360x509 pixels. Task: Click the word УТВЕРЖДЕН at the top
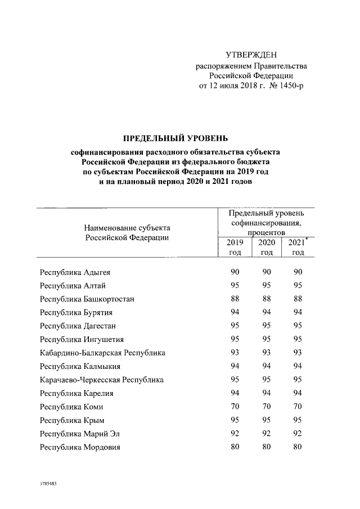tap(251, 55)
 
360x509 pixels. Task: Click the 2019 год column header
tap(235, 247)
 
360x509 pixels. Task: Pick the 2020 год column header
tap(266, 247)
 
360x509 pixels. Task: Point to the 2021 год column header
tap(298, 247)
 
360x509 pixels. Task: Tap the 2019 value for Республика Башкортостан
tap(235, 299)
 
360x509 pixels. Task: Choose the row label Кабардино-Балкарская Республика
tap(102, 353)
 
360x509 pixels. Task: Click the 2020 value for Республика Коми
tap(266, 406)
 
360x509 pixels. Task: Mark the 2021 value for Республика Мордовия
tap(298, 447)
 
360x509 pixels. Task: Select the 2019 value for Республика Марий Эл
tap(235, 434)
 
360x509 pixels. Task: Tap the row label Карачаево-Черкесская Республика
tap(102, 380)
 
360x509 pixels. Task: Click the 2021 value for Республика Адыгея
tap(298, 272)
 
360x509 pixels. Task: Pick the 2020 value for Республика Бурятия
tap(266, 312)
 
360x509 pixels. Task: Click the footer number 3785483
tap(49, 484)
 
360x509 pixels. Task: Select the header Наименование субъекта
tap(127, 228)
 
